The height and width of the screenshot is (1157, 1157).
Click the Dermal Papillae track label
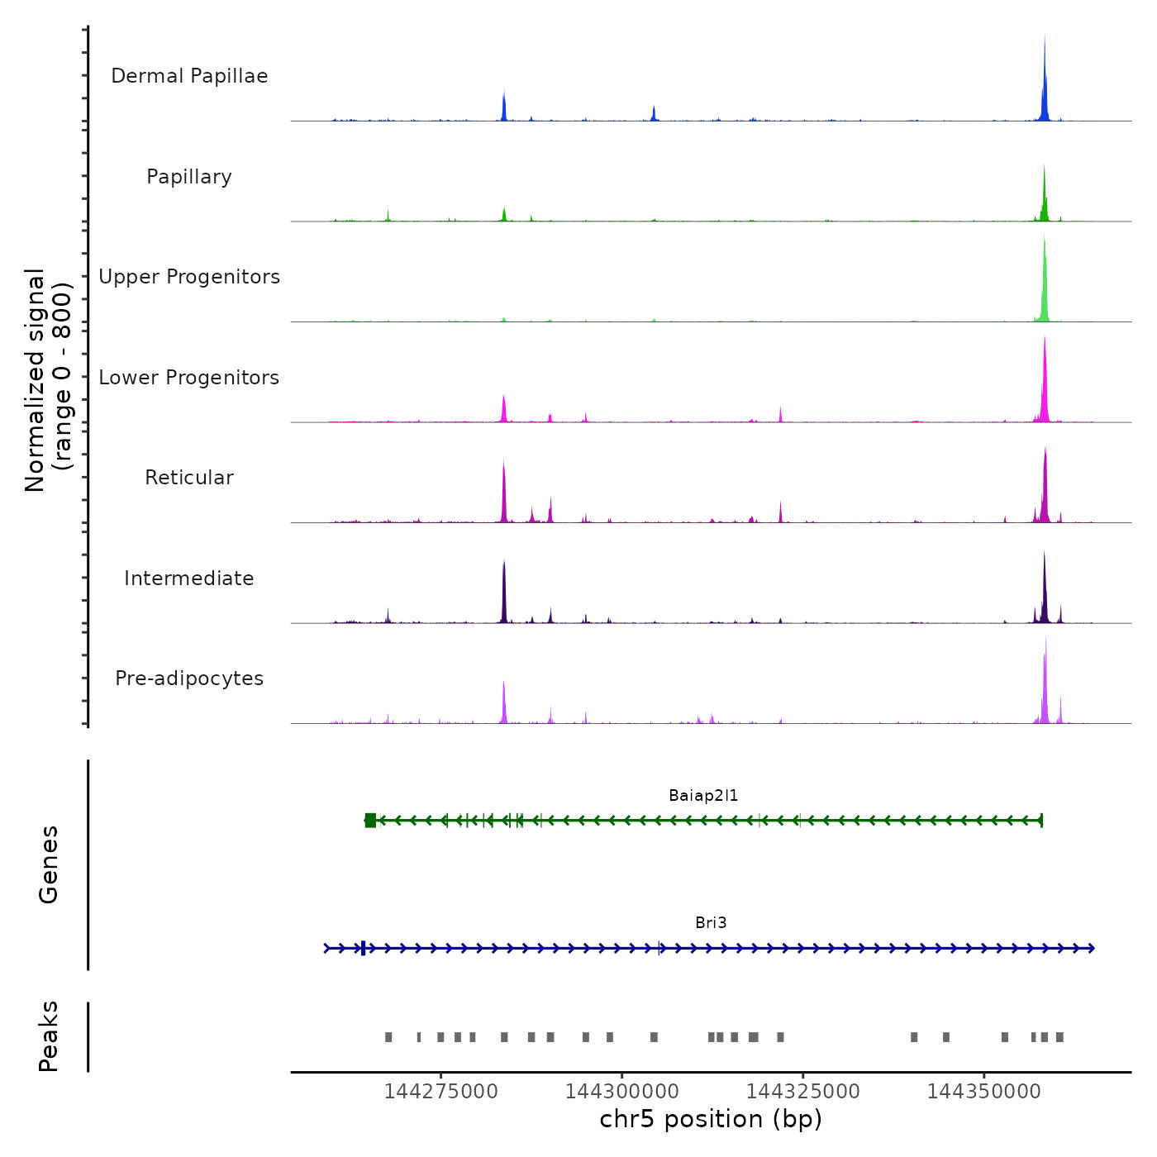point(189,76)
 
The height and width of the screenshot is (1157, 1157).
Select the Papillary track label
point(189,177)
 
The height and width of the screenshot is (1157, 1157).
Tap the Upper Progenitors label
point(189,277)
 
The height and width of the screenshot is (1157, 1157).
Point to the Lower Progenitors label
point(189,378)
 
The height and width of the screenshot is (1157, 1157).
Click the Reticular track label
point(189,478)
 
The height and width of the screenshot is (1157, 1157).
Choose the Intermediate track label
point(189,578)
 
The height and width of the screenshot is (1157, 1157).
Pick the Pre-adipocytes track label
point(189,678)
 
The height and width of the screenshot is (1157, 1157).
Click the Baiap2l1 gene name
point(703,796)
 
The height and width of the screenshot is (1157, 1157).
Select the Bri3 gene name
point(711,923)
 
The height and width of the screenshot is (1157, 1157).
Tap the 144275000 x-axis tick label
point(440,1092)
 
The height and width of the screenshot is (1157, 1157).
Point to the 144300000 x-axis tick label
point(621,1092)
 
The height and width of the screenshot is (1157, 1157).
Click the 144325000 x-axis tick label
point(802,1092)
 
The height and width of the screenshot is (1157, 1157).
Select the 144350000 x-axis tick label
point(983,1092)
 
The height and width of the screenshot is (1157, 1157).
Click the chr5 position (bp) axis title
point(711,1120)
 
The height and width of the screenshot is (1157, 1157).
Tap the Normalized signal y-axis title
point(48,380)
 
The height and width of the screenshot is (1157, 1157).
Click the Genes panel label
point(49,864)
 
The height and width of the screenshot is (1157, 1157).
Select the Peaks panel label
point(49,1036)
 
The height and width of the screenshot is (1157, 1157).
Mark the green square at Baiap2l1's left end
point(370,821)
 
